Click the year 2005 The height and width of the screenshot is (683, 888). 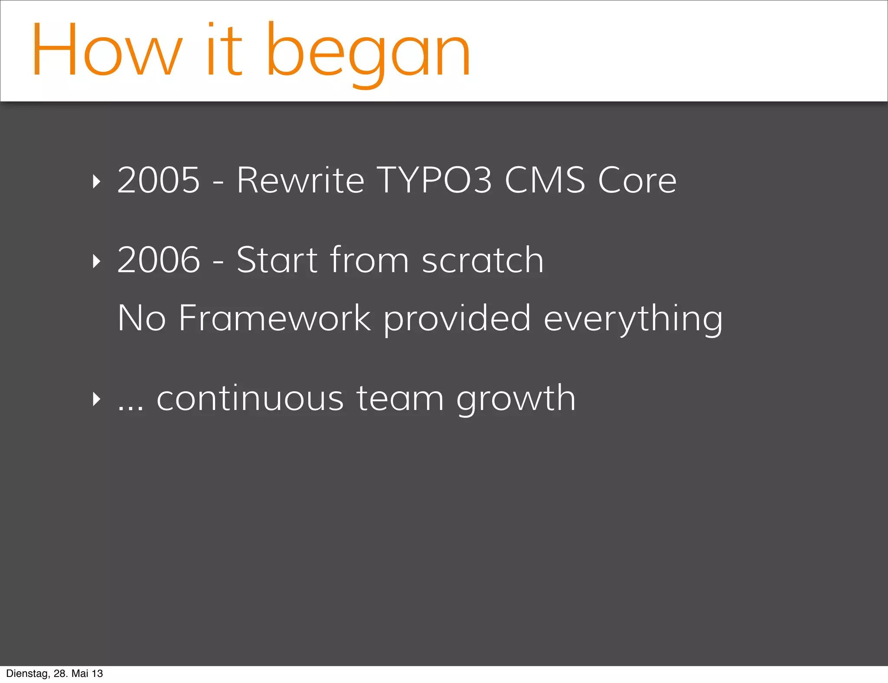click(159, 180)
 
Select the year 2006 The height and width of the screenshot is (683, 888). click(159, 260)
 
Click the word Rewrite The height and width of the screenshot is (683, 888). click(300, 180)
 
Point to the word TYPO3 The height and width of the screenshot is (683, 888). click(434, 180)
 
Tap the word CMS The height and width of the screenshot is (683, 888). click(545, 180)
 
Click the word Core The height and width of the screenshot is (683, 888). click(637, 180)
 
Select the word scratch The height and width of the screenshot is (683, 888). click(483, 260)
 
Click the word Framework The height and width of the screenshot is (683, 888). click(274, 318)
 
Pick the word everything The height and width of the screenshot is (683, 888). click(633, 320)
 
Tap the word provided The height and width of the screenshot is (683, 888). click(457, 320)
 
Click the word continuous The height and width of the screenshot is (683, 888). click(250, 399)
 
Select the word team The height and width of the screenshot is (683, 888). click(400, 399)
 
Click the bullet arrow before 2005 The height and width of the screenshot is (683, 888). click(97, 182)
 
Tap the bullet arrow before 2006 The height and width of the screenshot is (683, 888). click(97, 261)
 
